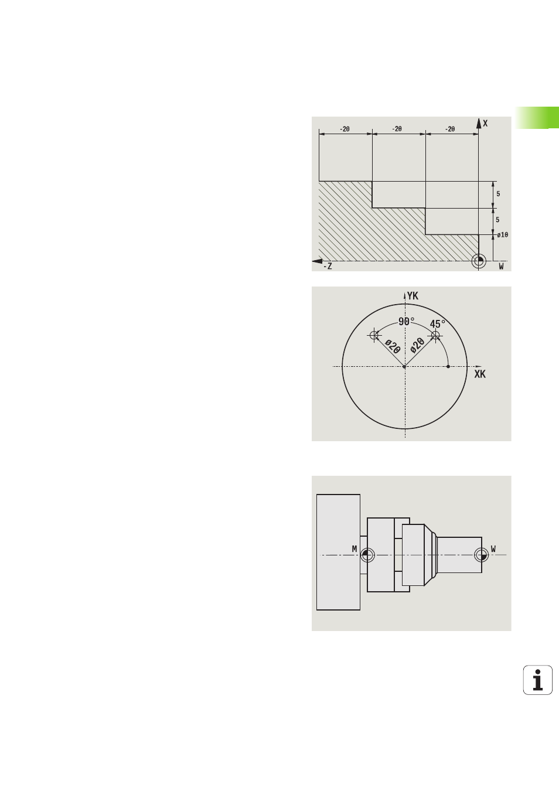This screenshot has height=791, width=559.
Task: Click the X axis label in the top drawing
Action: pos(485,123)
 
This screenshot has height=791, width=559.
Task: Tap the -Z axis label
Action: pos(328,266)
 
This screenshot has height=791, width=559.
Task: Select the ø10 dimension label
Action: pos(503,235)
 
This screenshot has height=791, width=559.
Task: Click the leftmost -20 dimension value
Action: pos(345,129)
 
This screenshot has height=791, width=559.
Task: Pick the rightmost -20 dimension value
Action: pos(449,129)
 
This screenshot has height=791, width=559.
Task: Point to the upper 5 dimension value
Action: pos(498,194)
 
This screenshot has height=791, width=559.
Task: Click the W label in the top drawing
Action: pos(501,266)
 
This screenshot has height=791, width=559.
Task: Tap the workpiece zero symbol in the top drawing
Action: pos(479,261)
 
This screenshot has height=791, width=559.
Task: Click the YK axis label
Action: pos(413,296)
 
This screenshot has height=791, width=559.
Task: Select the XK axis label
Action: pos(480,374)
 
